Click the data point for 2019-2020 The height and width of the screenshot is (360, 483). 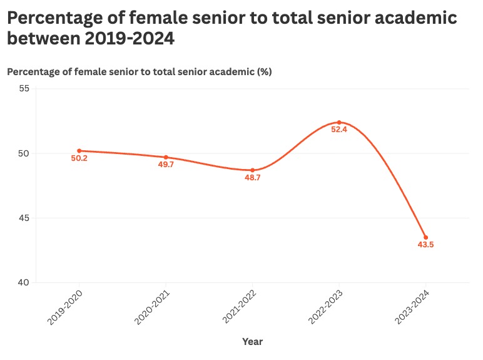click(79, 151)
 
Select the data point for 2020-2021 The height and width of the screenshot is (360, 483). click(166, 157)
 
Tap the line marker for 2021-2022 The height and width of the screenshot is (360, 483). click(253, 170)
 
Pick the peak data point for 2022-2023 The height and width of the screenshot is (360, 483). click(339, 122)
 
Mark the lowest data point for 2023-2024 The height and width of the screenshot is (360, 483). click(425, 237)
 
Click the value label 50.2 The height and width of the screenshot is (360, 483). click(79, 159)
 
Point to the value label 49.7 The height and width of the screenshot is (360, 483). click(166, 165)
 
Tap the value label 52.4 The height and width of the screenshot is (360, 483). click(339, 130)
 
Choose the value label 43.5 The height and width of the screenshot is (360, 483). click(425, 245)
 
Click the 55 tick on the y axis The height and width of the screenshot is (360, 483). click(24, 89)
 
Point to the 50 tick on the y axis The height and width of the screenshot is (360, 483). click(24, 153)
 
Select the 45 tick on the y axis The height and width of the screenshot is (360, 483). click(24, 218)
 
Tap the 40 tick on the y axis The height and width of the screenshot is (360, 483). click(24, 283)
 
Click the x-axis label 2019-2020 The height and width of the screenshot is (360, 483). click(65, 306)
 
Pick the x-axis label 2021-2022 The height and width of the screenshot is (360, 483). click(238, 306)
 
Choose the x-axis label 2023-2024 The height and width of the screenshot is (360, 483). click(412, 306)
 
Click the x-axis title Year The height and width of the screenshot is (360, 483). click(253, 342)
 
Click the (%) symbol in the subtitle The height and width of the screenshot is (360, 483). click(265, 72)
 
